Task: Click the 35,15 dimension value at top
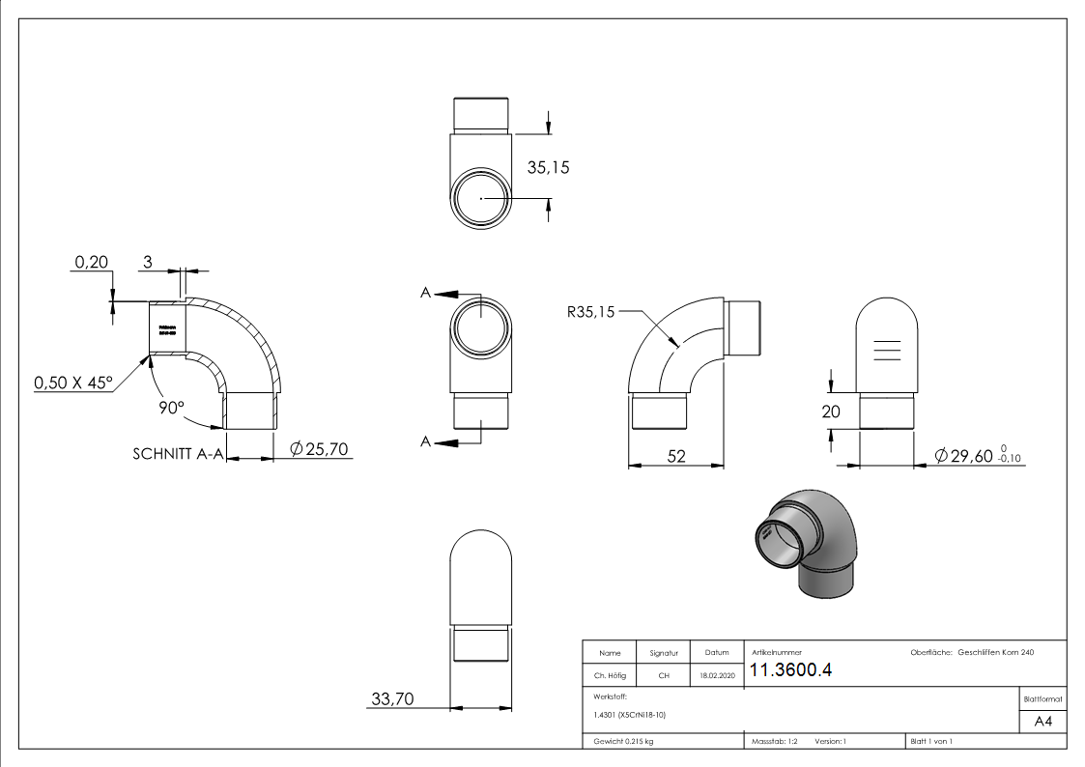point(548,167)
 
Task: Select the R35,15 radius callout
point(590,311)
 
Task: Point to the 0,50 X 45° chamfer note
point(73,383)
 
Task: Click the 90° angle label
point(171,409)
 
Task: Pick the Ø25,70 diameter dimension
point(319,449)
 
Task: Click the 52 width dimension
point(676,456)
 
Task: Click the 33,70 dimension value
point(392,699)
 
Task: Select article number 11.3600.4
point(790,671)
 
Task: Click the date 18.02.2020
point(716,676)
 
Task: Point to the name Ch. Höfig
point(610,676)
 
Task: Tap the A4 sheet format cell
point(1042,722)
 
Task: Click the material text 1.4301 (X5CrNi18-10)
point(625,715)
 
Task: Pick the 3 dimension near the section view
point(148,262)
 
